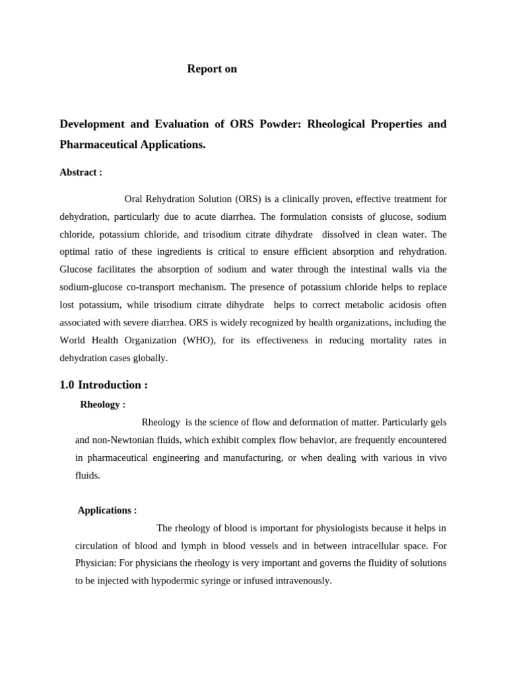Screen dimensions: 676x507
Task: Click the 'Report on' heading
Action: pos(212,69)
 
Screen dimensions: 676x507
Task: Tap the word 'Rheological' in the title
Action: pos(337,124)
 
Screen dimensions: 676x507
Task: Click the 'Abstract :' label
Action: pos(81,172)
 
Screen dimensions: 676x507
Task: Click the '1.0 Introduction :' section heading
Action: pos(104,385)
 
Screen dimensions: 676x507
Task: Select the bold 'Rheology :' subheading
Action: pos(102,404)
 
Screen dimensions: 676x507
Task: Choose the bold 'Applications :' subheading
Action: pos(107,510)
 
